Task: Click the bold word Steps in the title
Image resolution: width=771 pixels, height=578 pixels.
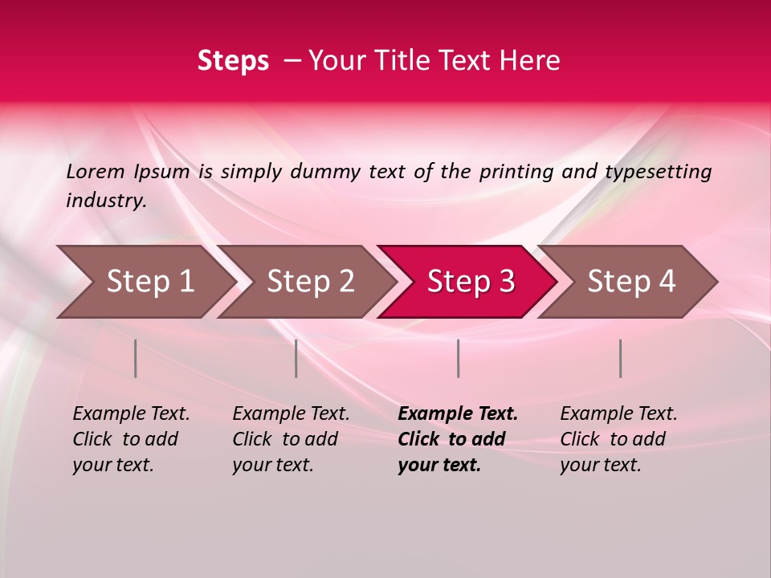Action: pos(233,61)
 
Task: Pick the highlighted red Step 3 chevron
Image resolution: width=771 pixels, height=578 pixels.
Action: pos(471,282)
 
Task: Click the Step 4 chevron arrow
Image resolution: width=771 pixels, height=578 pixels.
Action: pos(631,282)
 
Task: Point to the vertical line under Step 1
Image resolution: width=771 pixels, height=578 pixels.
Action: pos(136,358)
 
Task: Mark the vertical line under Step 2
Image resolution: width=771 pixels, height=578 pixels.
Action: pos(296,358)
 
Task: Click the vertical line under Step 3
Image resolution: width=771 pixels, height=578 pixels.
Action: pos(459,358)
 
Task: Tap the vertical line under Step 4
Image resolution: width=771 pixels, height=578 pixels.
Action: pos(621,358)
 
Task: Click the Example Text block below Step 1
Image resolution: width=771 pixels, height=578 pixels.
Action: pos(131,439)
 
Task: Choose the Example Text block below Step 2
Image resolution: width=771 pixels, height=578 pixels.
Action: pos(291,439)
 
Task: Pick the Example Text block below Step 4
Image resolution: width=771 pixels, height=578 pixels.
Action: pos(618,439)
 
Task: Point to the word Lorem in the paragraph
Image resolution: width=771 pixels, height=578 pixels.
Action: pos(96,172)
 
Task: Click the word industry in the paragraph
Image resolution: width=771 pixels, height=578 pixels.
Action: pos(105,200)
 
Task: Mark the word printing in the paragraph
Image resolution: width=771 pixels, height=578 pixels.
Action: pos(514,172)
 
